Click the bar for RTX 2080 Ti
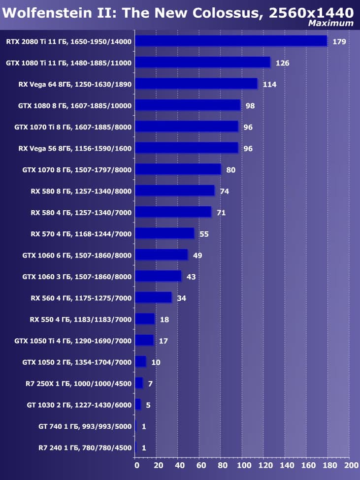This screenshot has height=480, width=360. [x=230, y=41]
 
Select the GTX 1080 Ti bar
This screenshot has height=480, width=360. [x=202, y=63]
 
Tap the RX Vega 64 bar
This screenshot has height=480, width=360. [x=196, y=84]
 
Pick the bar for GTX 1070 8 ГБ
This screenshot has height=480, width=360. [x=178, y=169]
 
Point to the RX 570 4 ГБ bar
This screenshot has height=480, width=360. [x=164, y=233]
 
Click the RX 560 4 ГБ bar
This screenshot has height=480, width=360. [x=153, y=297]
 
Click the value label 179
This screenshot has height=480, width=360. [x=339, y=41]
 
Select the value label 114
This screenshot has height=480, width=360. [x=269, y=84]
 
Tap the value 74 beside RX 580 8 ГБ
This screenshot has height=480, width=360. [x=225, y=191]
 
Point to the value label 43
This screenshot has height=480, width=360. [x=191, y=277]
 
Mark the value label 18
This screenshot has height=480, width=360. [x=164, y=320]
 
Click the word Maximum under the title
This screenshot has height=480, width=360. [x=330, y=23]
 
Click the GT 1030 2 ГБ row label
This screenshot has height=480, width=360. [x=79, y=405]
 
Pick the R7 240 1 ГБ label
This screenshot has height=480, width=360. [x=85, y=448]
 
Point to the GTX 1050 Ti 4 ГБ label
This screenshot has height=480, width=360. [x=77, y=341]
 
